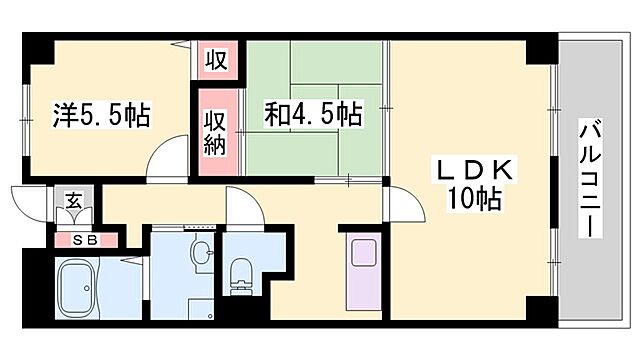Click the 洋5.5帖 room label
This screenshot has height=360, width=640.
100,116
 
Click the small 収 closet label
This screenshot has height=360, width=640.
216,58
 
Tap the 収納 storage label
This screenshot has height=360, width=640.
216,134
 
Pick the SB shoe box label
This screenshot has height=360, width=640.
84,240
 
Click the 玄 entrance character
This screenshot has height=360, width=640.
74,200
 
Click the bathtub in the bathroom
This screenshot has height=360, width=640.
85,290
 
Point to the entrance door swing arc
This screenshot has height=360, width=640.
28,206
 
